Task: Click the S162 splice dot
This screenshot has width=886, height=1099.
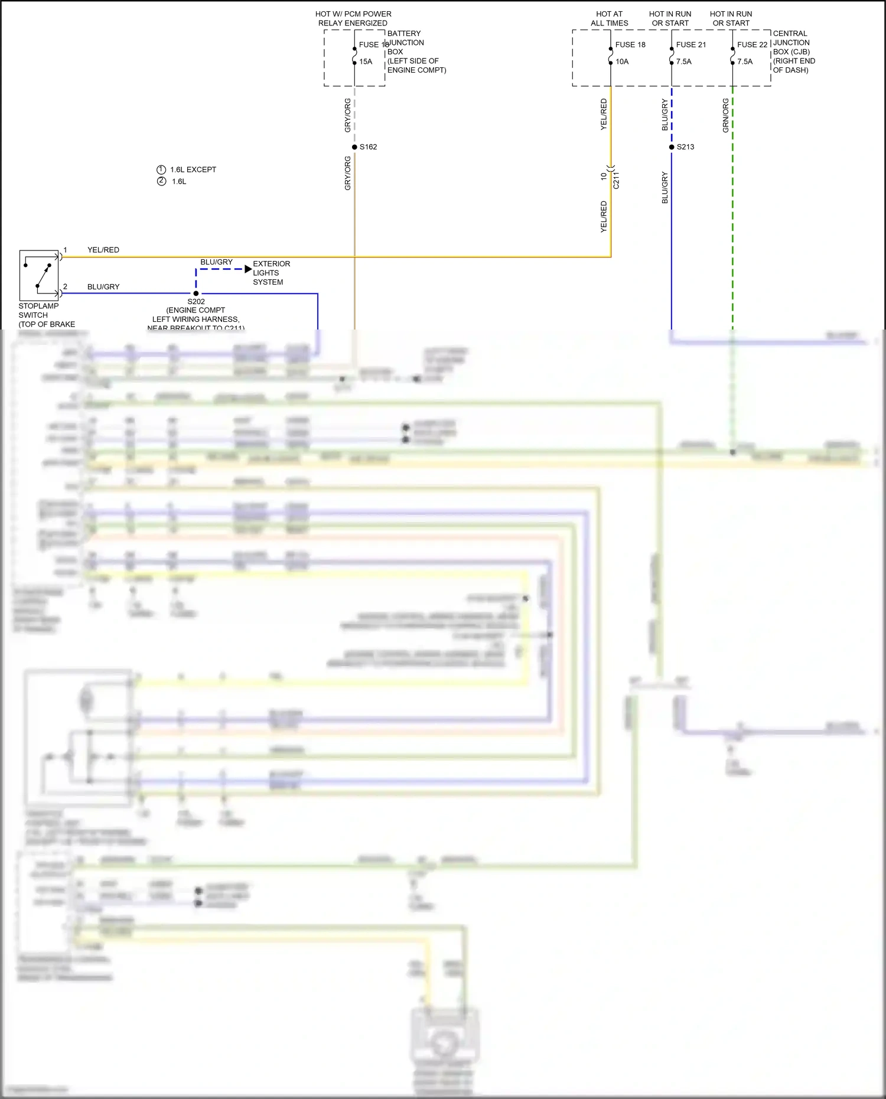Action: [x=354, y=147]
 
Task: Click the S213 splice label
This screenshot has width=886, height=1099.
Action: [x=685, y=147]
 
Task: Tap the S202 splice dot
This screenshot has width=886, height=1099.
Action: [x=196, y=293]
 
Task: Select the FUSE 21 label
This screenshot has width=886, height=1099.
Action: [x=690, y=45]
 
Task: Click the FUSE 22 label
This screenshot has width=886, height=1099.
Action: [x=752, y=45]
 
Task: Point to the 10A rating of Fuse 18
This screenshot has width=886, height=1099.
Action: [x=622, y=61]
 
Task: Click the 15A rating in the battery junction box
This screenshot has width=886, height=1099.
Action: [x=366, y=61]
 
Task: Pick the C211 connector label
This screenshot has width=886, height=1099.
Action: [x=616, y=180]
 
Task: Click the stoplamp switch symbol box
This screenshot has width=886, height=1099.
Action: [x=39, y=275]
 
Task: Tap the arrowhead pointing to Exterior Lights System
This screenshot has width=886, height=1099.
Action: [x=248, y=269]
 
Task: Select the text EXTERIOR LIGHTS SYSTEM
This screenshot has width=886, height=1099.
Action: [x=271, y=273]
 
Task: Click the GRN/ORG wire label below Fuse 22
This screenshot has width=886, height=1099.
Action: [x=725, y=115]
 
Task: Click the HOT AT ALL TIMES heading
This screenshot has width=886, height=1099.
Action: [x=609, y=18]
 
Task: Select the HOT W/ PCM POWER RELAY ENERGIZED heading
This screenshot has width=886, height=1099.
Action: [x=353, y=18]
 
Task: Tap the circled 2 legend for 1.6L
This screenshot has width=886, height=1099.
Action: [x=161, y=181]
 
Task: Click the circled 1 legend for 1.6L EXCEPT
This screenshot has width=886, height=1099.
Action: [x=161, y=169]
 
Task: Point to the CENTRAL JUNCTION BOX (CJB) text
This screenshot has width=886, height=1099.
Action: [x=793, y=51]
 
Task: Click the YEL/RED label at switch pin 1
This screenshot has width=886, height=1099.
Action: [x=103, y=250]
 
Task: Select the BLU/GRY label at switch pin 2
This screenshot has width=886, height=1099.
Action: [x=103, y=287]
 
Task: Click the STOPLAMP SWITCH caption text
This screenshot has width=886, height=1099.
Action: [x=38, y=311]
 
